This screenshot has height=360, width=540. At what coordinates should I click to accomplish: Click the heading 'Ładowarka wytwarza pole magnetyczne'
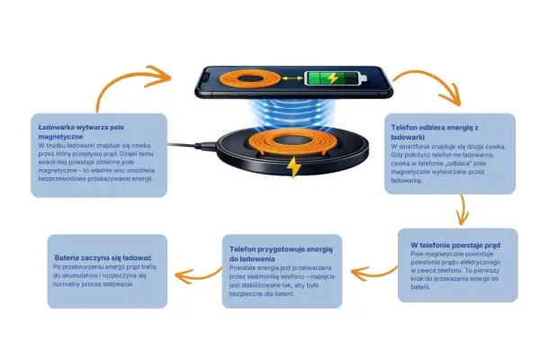[81, 132]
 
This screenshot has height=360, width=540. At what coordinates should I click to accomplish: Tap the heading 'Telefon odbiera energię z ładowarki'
[435, 132]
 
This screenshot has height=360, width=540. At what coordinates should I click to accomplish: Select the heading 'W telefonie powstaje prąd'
[455, 246]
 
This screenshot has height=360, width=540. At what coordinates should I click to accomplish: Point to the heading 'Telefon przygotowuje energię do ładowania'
[281, 254]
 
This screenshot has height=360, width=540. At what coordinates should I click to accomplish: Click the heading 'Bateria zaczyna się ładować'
[103, 257]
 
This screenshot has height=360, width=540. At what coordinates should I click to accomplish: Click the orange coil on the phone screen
[249, 79]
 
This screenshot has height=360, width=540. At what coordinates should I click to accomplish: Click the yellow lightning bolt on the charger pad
[293, 167]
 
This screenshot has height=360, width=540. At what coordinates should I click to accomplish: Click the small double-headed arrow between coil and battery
[292, 79]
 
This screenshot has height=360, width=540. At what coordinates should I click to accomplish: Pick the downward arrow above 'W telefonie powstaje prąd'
[463, 210]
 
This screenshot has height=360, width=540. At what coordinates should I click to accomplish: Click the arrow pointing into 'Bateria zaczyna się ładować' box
[197, 275]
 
